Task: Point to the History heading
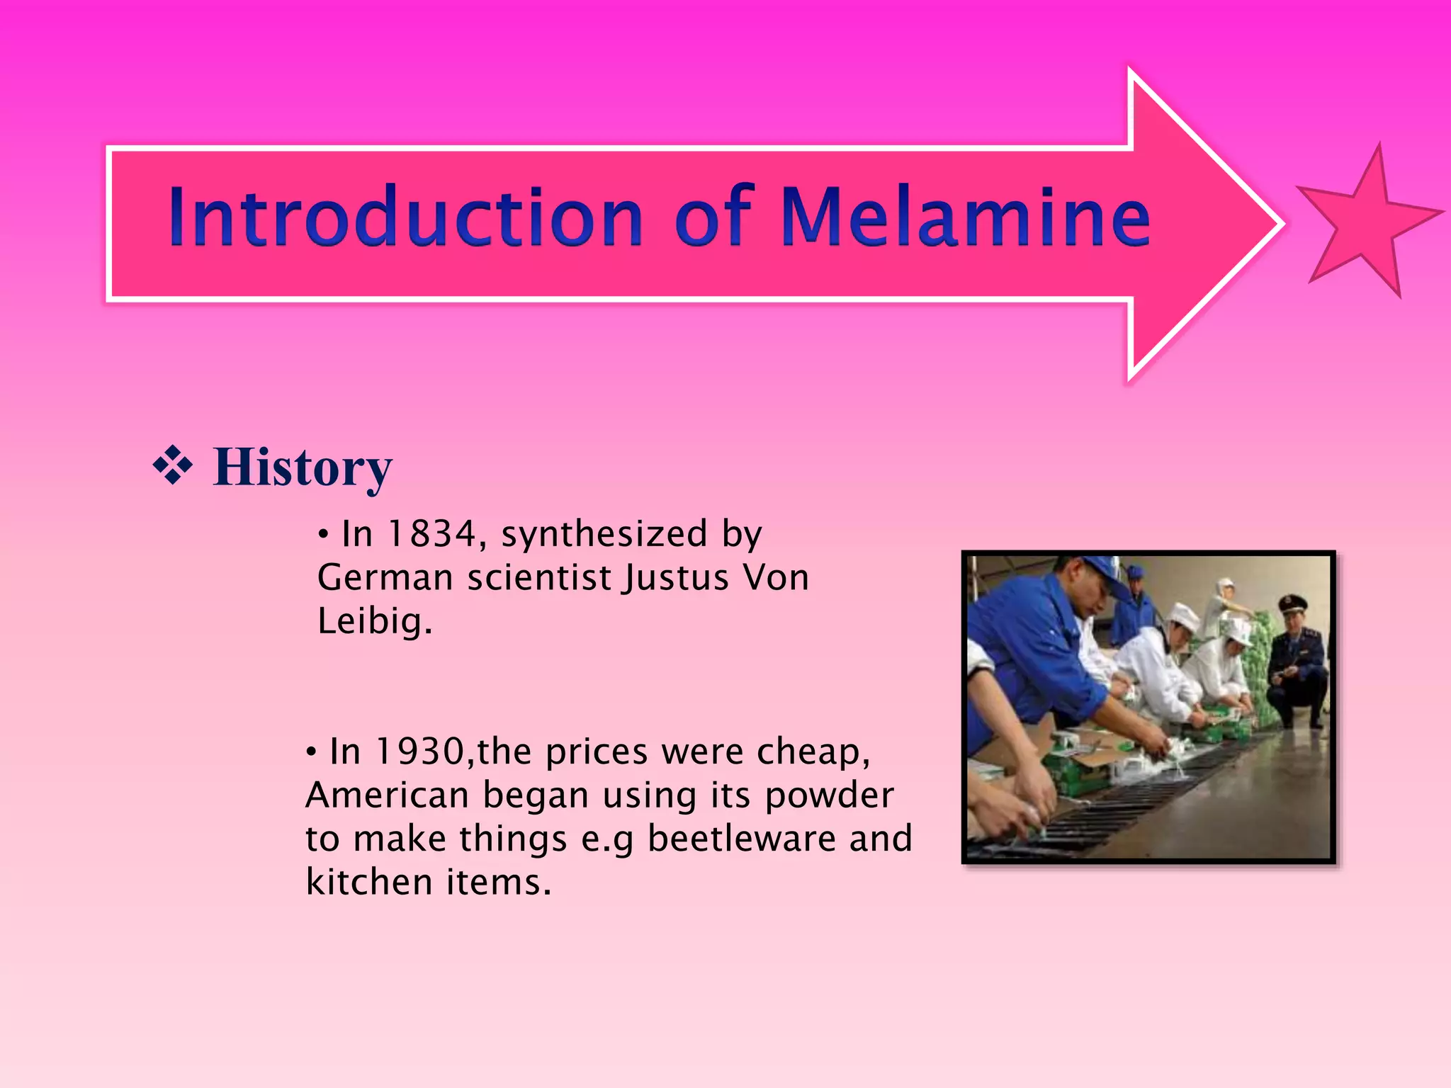pyautogui.click(x=303, y=467)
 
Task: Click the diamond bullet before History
pyautogui.click(x=172, y=466)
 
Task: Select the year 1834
pyautogui.click(x=431, y=534)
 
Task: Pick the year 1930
pyautogui.click(x=419, y=752)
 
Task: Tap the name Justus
pyautogui.click(x=676, y=578)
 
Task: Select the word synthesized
pyautogui.click(x=604, y=534)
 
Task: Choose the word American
pyautogui.click(x=387, y=795)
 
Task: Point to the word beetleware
pyautogui.click(x=742, y=839)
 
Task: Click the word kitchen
pyautogui.click(x=368, y=883)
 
